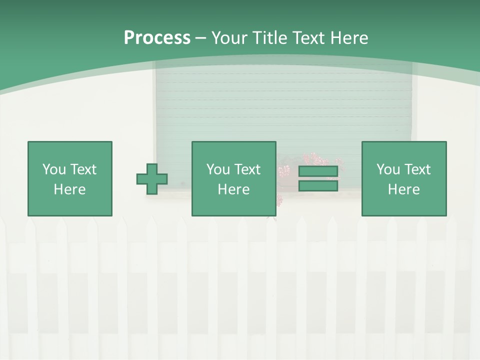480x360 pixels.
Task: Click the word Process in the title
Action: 157,38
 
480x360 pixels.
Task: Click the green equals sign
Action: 318,179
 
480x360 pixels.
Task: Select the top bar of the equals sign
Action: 318,171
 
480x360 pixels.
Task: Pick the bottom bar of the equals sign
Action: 318,186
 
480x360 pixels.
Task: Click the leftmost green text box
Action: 69,179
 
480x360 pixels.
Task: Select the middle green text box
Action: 233,179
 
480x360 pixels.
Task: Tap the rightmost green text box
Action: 403,179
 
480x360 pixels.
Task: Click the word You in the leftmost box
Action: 54,169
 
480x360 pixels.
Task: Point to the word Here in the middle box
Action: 233,189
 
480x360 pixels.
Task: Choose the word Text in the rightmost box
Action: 416,169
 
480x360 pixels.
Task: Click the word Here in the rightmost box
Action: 403,189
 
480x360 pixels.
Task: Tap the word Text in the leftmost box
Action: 82,169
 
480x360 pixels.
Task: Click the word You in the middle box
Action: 218,169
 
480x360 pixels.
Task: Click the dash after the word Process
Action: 200,38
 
